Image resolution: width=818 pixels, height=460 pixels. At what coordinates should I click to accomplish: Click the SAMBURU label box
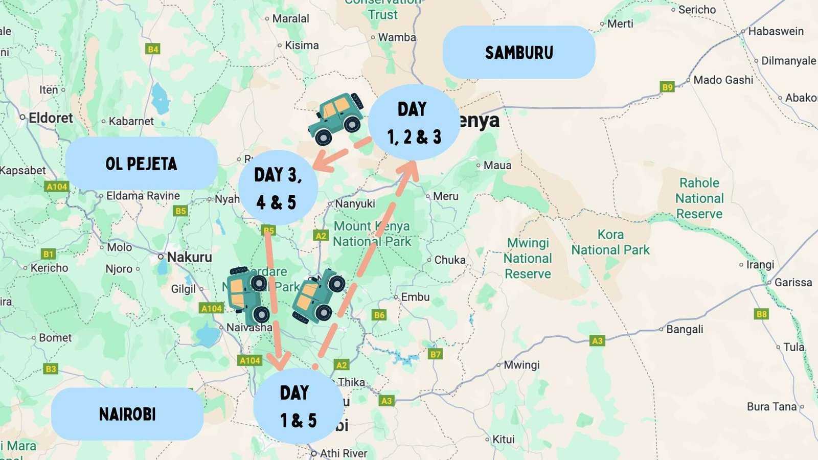tap(518, 52)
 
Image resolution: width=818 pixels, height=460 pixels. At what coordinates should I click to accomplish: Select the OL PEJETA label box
tap(141, 164)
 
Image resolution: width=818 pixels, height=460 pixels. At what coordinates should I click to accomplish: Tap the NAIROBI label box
tap(127, 414)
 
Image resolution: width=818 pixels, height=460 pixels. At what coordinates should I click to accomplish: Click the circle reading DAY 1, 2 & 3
tap(413, 123)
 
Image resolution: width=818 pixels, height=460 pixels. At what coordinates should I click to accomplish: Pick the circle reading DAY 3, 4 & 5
tap(278, 188)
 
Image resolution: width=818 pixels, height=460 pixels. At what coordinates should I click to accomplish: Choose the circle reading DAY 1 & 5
tap(298, 406)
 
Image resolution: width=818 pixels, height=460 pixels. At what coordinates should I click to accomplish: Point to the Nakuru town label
tap(189, 257)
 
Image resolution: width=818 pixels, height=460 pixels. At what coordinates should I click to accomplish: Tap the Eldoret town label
tap(50, 118)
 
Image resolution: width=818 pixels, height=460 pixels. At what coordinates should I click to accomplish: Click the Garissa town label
tap(792, 282)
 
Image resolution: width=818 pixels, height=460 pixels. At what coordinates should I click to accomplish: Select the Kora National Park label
tap(610, 242)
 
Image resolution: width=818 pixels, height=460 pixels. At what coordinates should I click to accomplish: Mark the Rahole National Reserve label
tap(699, 198)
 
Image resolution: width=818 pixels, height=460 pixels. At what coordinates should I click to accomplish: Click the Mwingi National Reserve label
tap(528, 258)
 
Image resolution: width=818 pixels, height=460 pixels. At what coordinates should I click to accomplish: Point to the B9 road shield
tap(667, 87)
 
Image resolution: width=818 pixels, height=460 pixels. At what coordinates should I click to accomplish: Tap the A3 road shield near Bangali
tap(597, 340)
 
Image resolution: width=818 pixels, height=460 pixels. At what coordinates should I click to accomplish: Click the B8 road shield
tap(761, 314)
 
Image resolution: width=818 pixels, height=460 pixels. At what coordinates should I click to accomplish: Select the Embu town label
tap(415, 297)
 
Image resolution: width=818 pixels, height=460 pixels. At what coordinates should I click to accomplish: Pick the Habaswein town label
tap(776, 31)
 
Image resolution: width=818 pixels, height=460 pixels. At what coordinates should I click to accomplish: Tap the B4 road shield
tap(152, 49)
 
